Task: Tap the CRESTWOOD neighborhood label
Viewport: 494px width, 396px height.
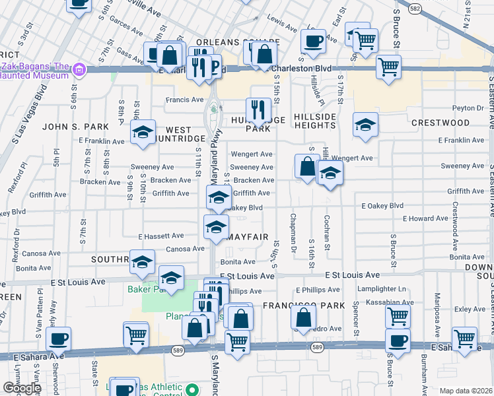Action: (x=441, y=123)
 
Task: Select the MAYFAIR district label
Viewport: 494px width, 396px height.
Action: (x=247, y=236)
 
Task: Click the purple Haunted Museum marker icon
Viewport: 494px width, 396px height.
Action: (x=79, y=69)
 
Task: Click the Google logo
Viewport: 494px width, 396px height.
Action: (x=22, y=388)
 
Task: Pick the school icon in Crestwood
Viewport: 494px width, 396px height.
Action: (x=365, y=125)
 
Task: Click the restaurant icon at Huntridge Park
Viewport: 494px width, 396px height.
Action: (x=257, y=109)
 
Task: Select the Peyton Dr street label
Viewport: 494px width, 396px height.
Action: (x=468, y=108)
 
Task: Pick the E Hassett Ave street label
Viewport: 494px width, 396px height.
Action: (x=160, y=236)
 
